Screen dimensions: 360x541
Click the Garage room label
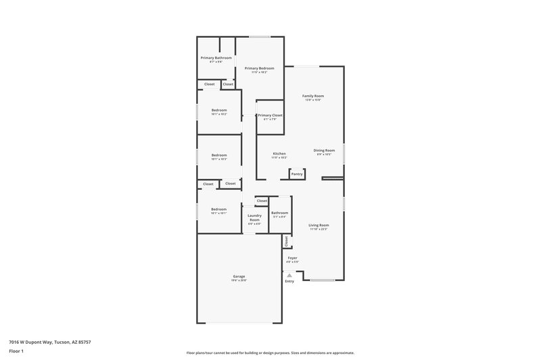[239, 276]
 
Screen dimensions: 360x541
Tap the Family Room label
[312, 96]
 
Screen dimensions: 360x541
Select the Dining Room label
[324, 150]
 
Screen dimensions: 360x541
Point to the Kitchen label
[279, 153]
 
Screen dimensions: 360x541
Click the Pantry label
[296, 174]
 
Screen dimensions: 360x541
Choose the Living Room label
[319, 225]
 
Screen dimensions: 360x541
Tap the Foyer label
[293, 257]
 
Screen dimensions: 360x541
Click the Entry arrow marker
[289, 275]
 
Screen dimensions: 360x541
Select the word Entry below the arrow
[289, 282]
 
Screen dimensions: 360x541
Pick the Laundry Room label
[254, 218]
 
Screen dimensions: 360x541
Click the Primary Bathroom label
[216, 58]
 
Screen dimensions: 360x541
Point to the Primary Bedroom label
[260, 68]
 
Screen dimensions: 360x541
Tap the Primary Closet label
[270, 115]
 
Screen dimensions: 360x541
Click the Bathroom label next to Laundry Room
[279, 213]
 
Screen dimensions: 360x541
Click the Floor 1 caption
[17, 352]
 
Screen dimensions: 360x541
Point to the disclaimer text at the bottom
[270, 353]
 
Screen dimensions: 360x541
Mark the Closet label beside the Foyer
[287, 240]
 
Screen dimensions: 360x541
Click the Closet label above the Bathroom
[262, 201]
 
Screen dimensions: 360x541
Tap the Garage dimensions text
[239, 280]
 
